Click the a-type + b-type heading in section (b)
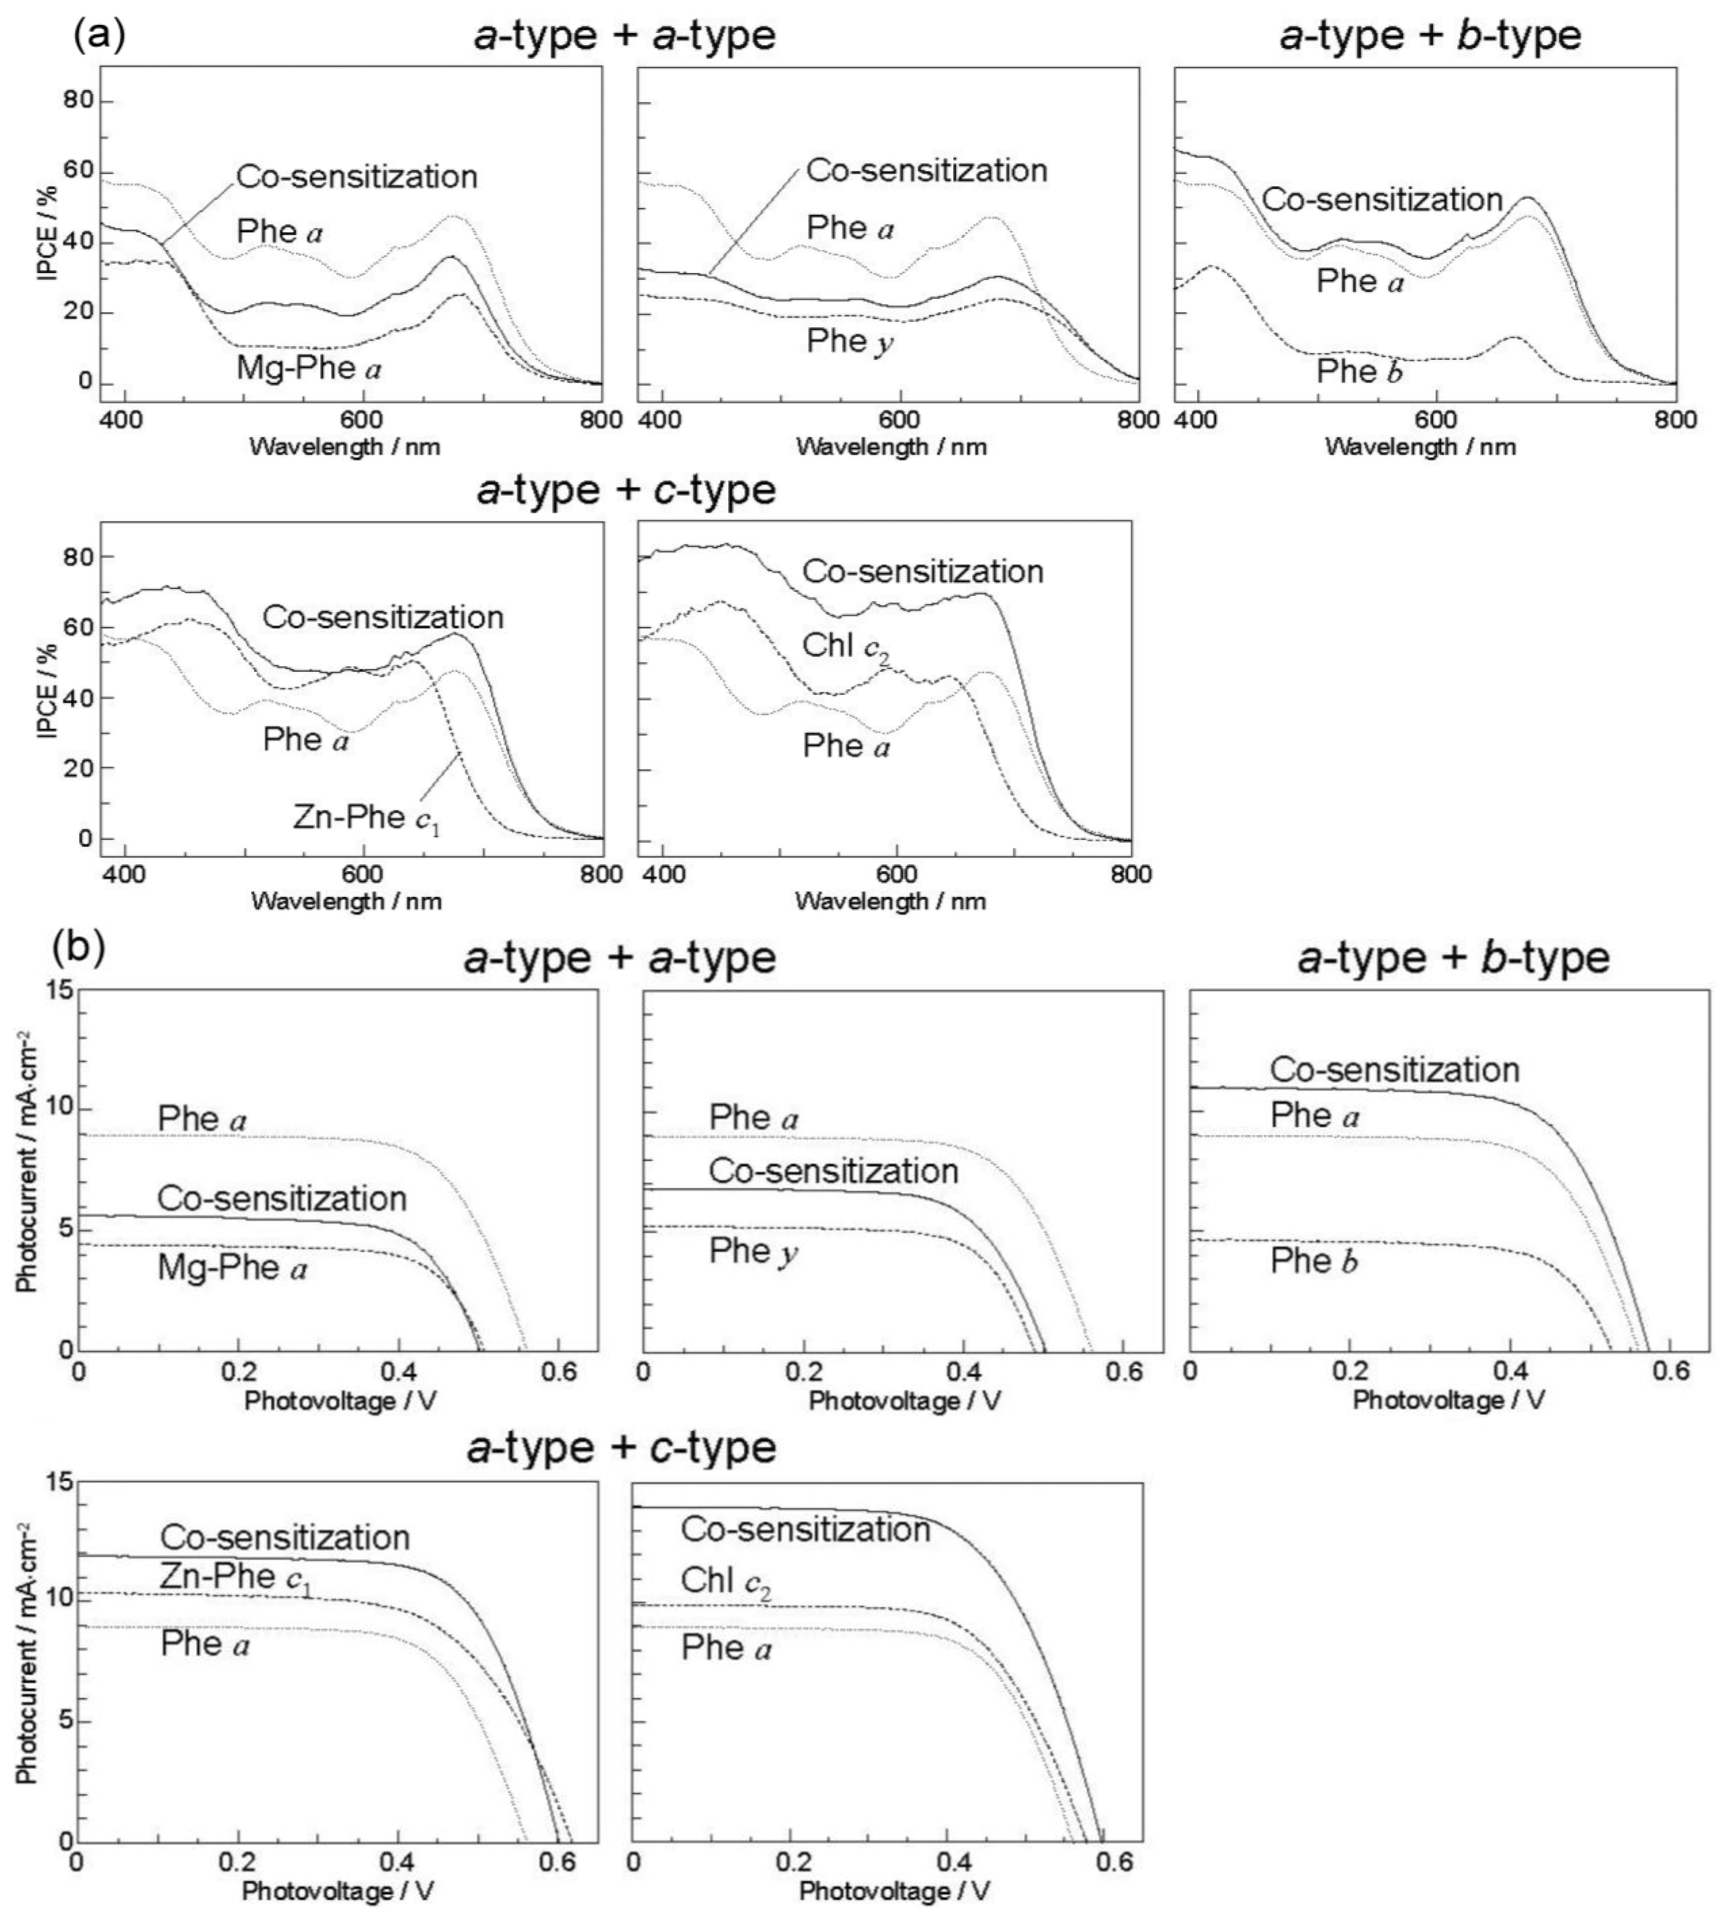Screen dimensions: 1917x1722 [1452, 958]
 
